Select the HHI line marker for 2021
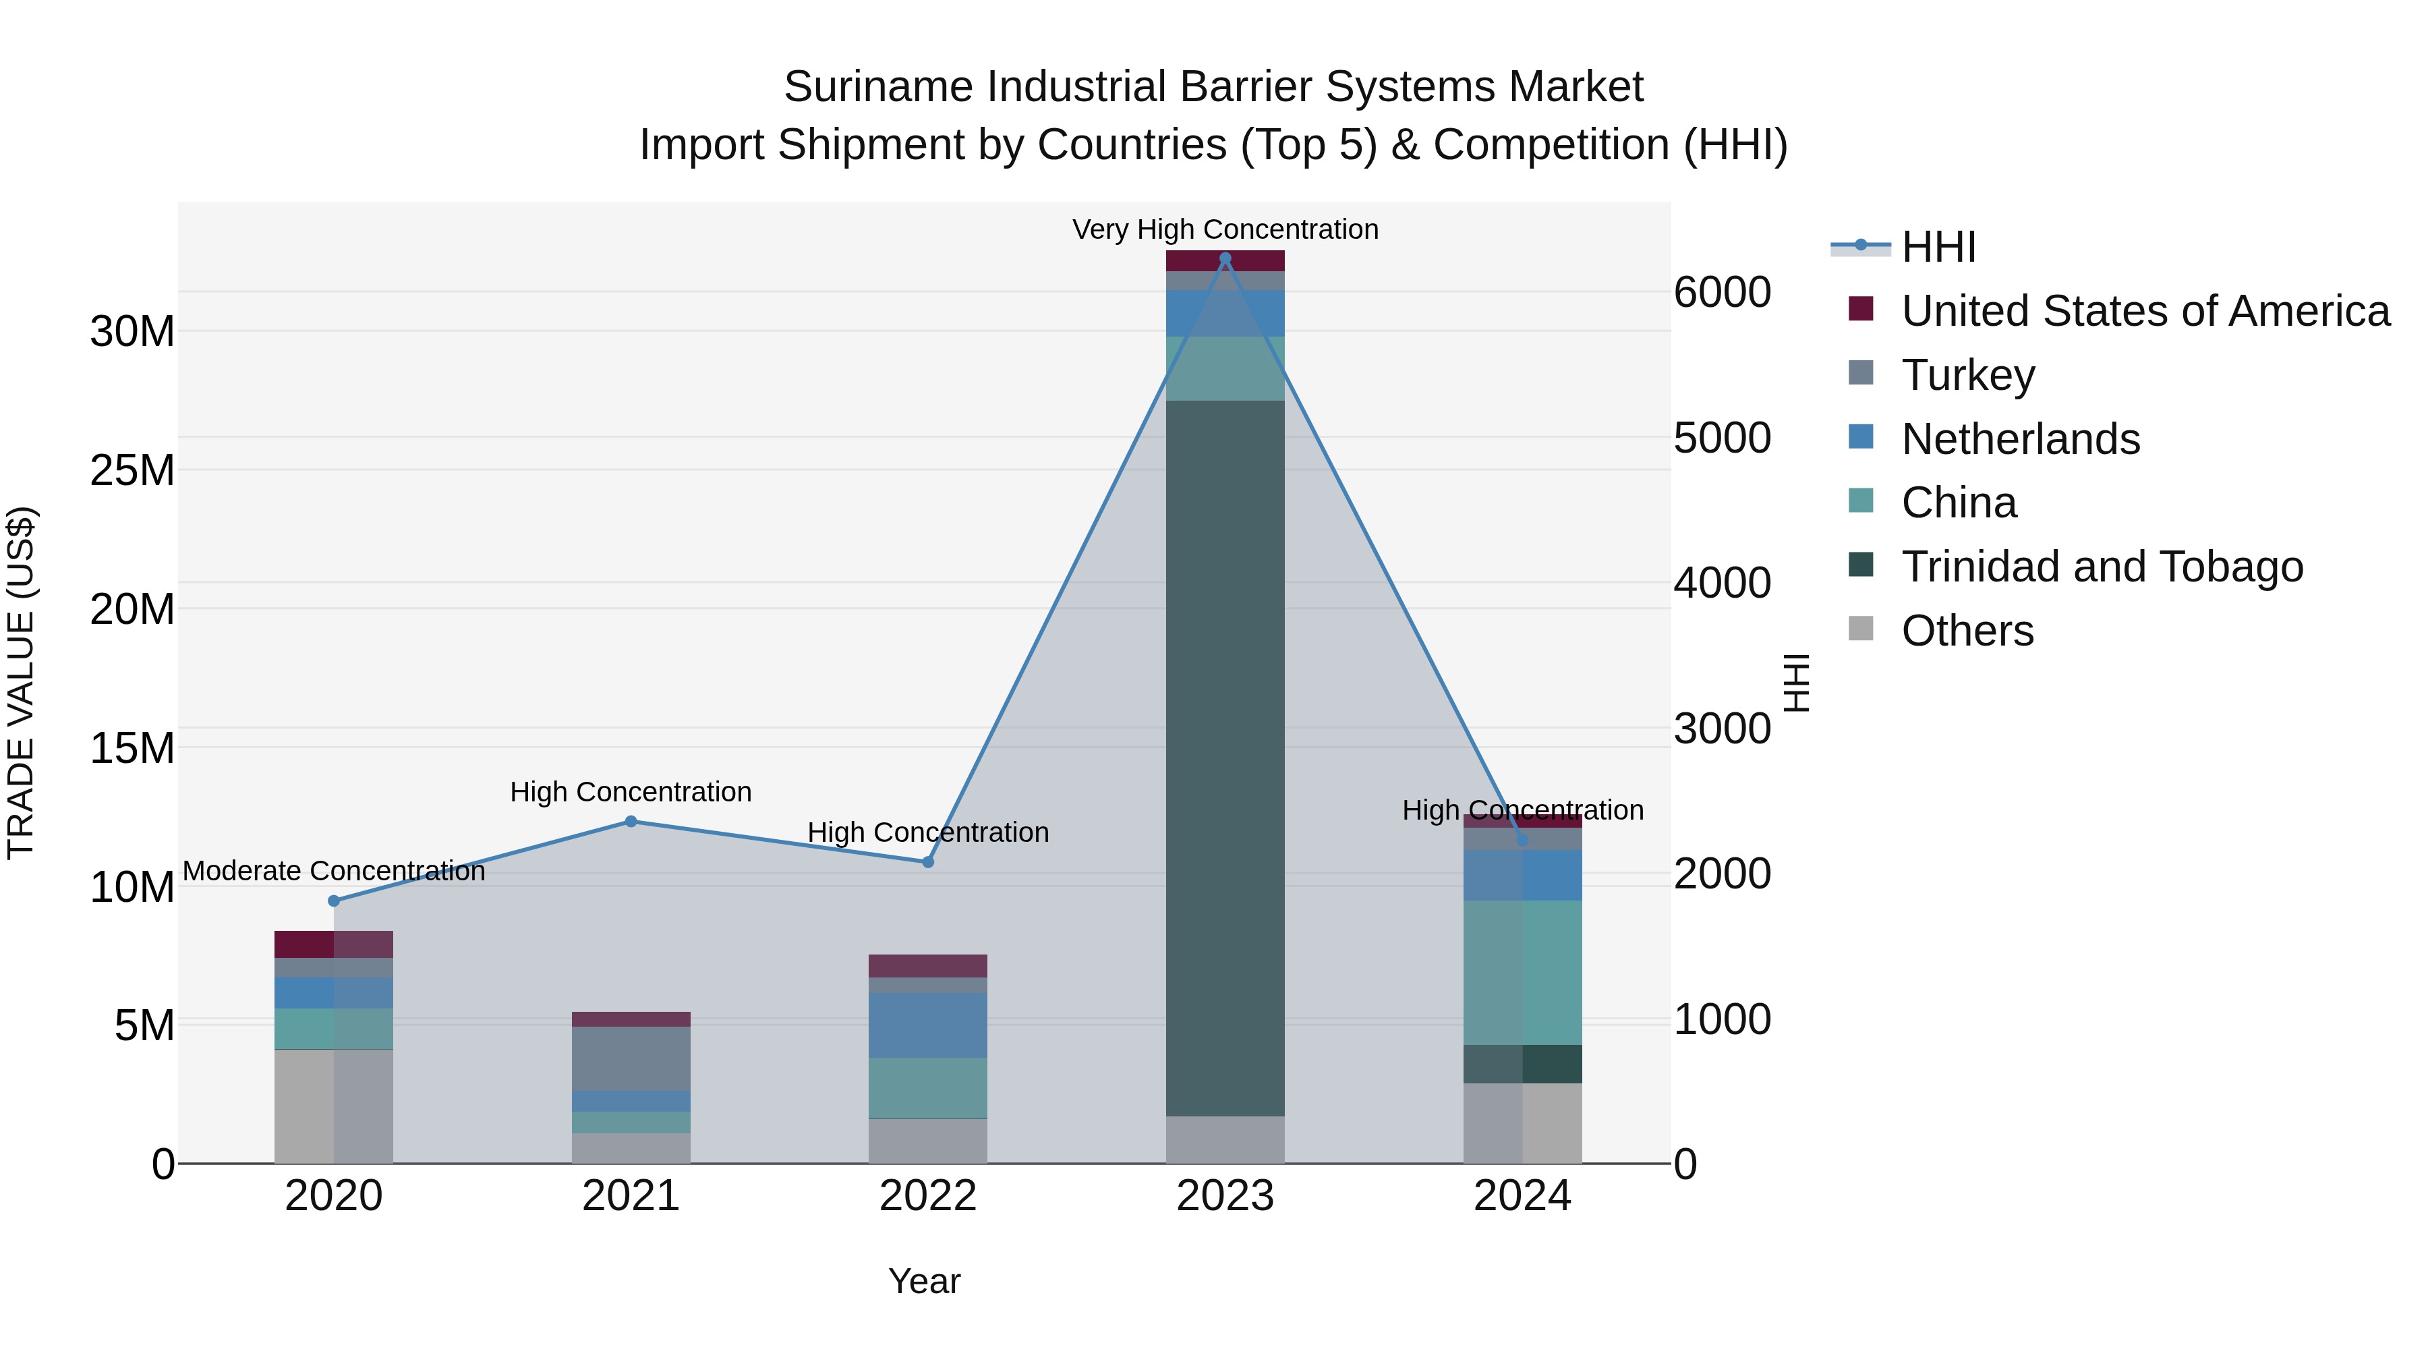point(631,821)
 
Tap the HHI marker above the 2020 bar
point(334,901)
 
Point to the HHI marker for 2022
point(927,861)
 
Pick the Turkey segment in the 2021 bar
point(631,1058)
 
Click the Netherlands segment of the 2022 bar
point(927,1025)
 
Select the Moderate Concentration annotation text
point(334,871)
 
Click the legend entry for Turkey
point(1968,375)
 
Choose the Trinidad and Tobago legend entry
point(2102,567)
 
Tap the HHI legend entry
point(1938,247)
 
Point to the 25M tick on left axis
point(132,470)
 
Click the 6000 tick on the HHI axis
point(1721,292)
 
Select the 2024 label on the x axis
point(1522,1196)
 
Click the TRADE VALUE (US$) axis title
point(21,683)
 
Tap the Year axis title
point(924,1281)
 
